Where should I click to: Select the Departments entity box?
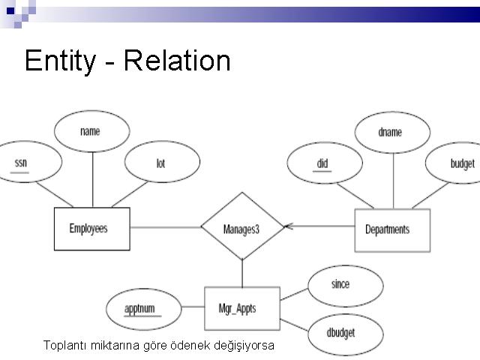tap(392, 229)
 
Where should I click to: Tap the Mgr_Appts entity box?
tap(241, 307)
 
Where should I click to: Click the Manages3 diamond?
tap(242, 227)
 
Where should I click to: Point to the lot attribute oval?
tap(160, 163)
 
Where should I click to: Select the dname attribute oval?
tap(391, 132)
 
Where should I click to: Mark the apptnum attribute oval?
tap(142, 308)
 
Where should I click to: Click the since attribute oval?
tap(341, 285)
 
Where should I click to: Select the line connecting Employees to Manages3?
tap(165, 226)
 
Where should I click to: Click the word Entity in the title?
tap(61, 60)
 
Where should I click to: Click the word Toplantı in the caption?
tap(64, 346)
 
